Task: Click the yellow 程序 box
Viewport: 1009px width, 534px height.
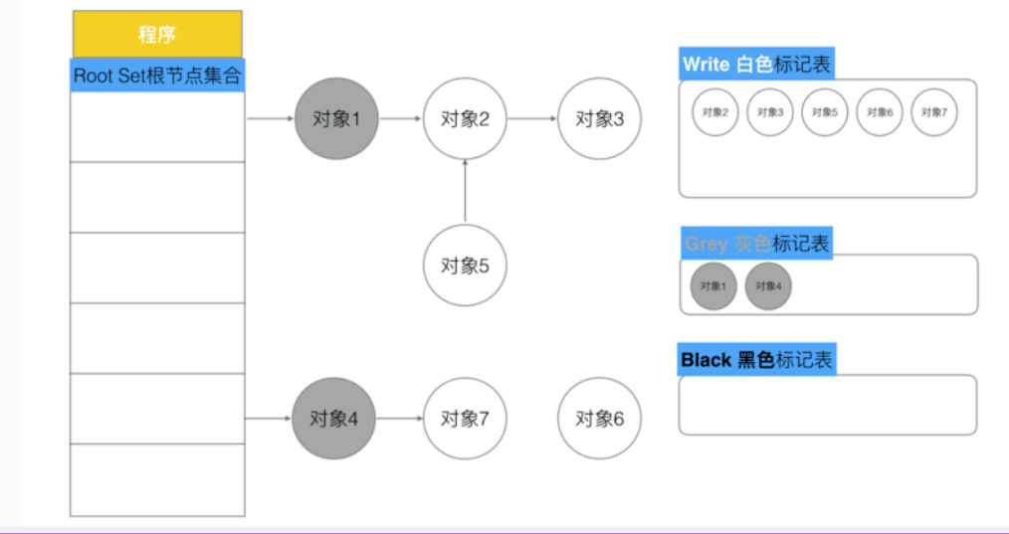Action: [157, 35]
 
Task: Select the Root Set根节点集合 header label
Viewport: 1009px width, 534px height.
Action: [157, 76]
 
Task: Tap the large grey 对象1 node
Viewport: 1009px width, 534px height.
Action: [336, 119]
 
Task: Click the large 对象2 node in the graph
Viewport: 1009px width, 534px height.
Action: [465, 119]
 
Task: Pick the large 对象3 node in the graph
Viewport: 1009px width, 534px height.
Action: [599, 119]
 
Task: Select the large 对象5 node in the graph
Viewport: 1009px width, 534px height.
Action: [465, 266]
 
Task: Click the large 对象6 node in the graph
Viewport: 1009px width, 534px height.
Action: [599, 419]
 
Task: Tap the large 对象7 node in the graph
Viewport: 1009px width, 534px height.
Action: [465, 419]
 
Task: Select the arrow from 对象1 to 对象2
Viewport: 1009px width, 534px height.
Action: [401, 119]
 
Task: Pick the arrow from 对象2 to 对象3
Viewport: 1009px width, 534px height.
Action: [531, 119]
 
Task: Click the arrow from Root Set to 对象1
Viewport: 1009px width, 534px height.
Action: [270, 119]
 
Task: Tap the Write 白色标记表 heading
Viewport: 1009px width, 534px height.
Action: [755, 66]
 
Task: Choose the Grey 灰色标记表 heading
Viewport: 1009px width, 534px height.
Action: [755, 244]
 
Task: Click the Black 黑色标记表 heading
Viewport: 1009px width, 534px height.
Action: [756, 360]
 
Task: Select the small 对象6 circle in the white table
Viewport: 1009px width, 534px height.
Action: [879, 112]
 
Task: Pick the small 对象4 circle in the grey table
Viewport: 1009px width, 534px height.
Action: [768, 286]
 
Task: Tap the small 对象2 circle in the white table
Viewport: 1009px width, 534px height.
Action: [715, 112]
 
